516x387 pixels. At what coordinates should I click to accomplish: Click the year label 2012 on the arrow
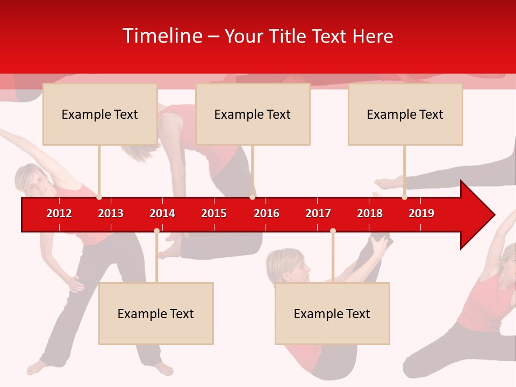pos(59,213)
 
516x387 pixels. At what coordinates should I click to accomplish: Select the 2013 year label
pos(111,213)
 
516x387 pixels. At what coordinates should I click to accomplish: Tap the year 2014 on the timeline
pos(162,213)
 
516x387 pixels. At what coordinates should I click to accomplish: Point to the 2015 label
pos(214,213)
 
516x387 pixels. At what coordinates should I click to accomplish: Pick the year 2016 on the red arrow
pos(267,213)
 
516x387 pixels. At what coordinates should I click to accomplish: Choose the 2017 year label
pos(318,213)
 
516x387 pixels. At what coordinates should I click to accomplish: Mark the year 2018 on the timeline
pos(370,213)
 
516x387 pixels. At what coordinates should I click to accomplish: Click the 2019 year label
pos(421,213)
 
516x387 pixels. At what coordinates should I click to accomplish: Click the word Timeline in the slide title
pos(162,36)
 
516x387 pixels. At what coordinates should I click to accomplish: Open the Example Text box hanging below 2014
pos(156,313)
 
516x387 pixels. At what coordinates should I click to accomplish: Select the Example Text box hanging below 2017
pos(332,313)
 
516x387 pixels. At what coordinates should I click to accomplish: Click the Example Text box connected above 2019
pos(405,114)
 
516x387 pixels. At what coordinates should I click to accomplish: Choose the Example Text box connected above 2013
pos(100,114)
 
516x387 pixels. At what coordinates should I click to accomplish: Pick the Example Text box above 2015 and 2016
pos(253,114)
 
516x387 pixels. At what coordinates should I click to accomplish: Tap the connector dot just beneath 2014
pos(156,231)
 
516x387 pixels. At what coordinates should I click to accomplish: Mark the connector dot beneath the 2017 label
pos(333,231)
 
